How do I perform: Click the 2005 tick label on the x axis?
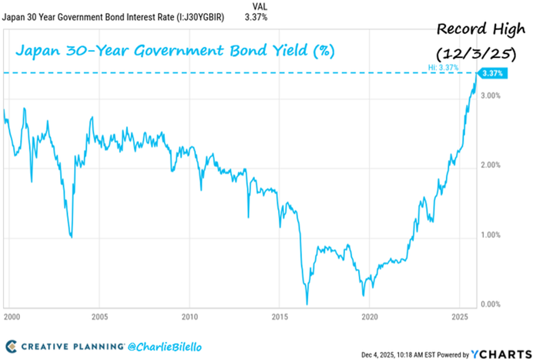99,315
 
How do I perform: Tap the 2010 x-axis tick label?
190,315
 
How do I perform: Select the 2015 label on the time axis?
280,315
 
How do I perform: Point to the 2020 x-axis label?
369,315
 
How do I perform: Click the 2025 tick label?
459,315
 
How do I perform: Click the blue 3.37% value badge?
493,74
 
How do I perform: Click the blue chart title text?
175,51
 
